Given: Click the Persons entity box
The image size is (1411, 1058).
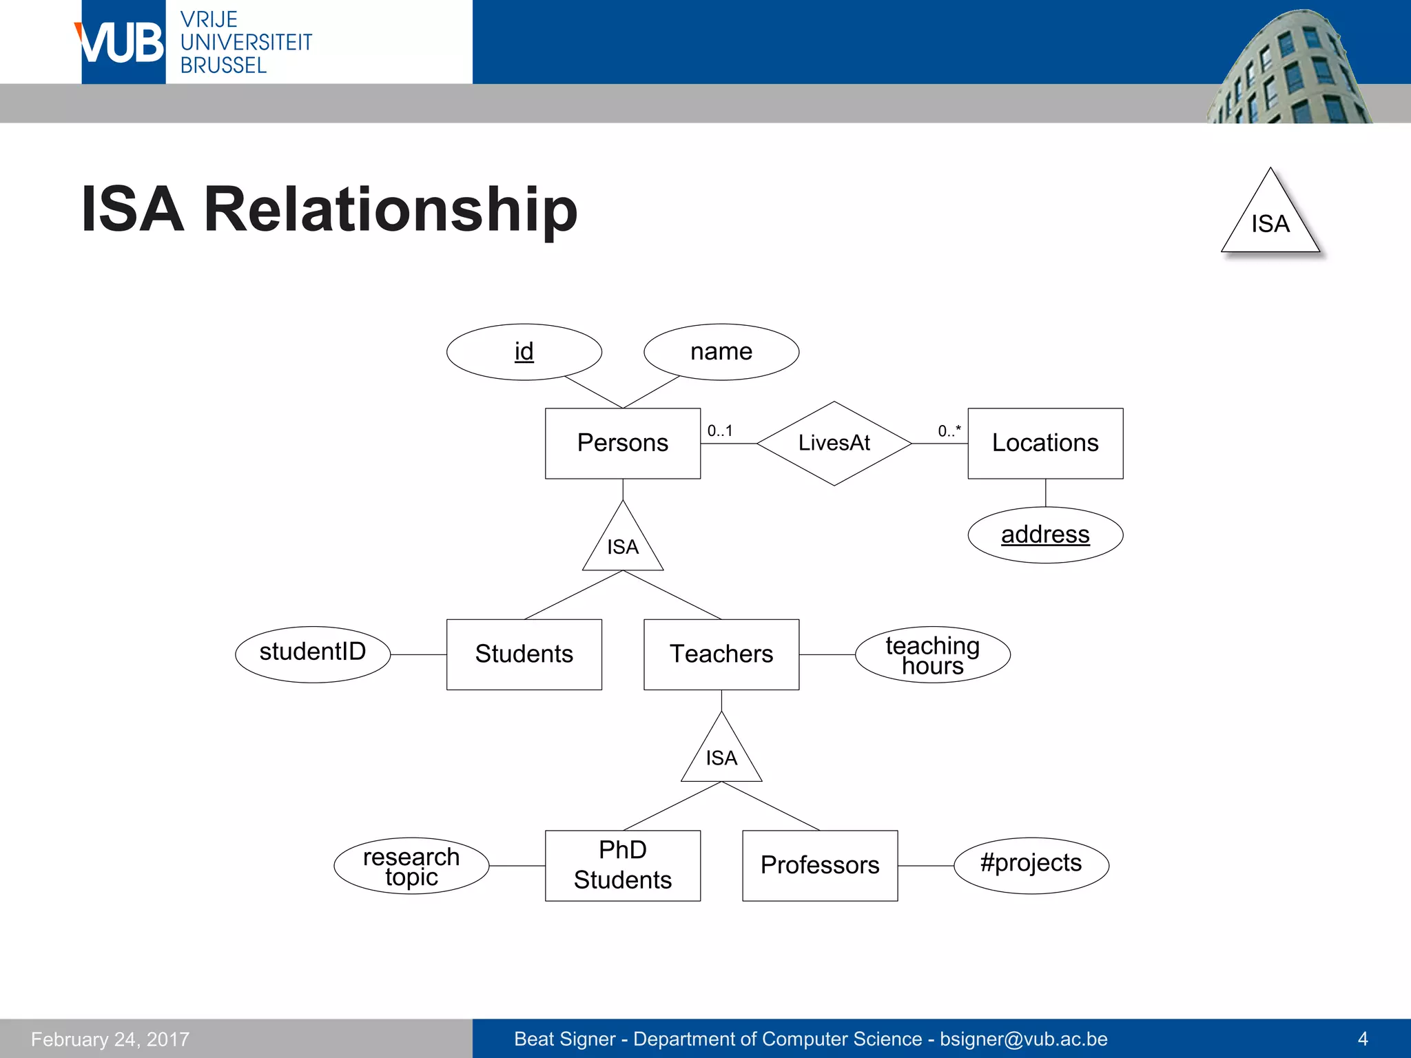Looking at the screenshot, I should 622,443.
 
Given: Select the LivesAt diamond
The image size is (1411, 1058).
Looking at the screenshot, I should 834,443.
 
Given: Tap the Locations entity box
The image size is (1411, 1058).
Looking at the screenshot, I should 1044,443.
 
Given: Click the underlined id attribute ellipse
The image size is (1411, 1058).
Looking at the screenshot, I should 524,352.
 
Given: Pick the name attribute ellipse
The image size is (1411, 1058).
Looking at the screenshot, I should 721,352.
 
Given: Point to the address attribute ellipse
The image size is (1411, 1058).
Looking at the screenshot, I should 1044,535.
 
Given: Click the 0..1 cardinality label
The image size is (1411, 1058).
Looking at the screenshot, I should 720,431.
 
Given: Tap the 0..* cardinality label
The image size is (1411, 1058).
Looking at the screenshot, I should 949,431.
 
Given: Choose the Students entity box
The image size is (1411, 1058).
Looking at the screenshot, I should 524,654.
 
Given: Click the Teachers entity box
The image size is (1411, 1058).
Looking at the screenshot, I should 721,654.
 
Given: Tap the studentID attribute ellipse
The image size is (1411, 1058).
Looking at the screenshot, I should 313,654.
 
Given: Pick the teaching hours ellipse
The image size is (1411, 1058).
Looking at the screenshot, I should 932,654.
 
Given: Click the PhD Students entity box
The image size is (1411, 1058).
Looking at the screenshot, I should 622,865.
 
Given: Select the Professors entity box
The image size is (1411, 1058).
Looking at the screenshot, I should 819,865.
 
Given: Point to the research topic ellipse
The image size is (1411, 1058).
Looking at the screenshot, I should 411,866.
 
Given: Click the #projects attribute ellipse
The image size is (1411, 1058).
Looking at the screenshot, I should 1031,865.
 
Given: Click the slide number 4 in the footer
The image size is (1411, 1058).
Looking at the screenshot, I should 1362,1039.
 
